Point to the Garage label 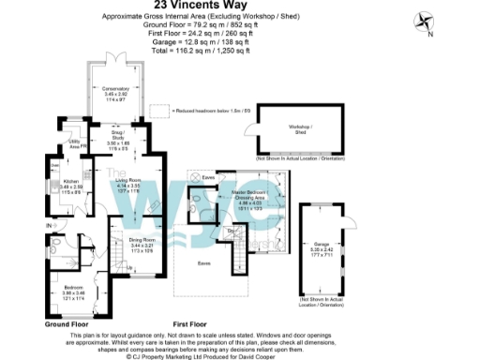(x=321, y=247)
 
